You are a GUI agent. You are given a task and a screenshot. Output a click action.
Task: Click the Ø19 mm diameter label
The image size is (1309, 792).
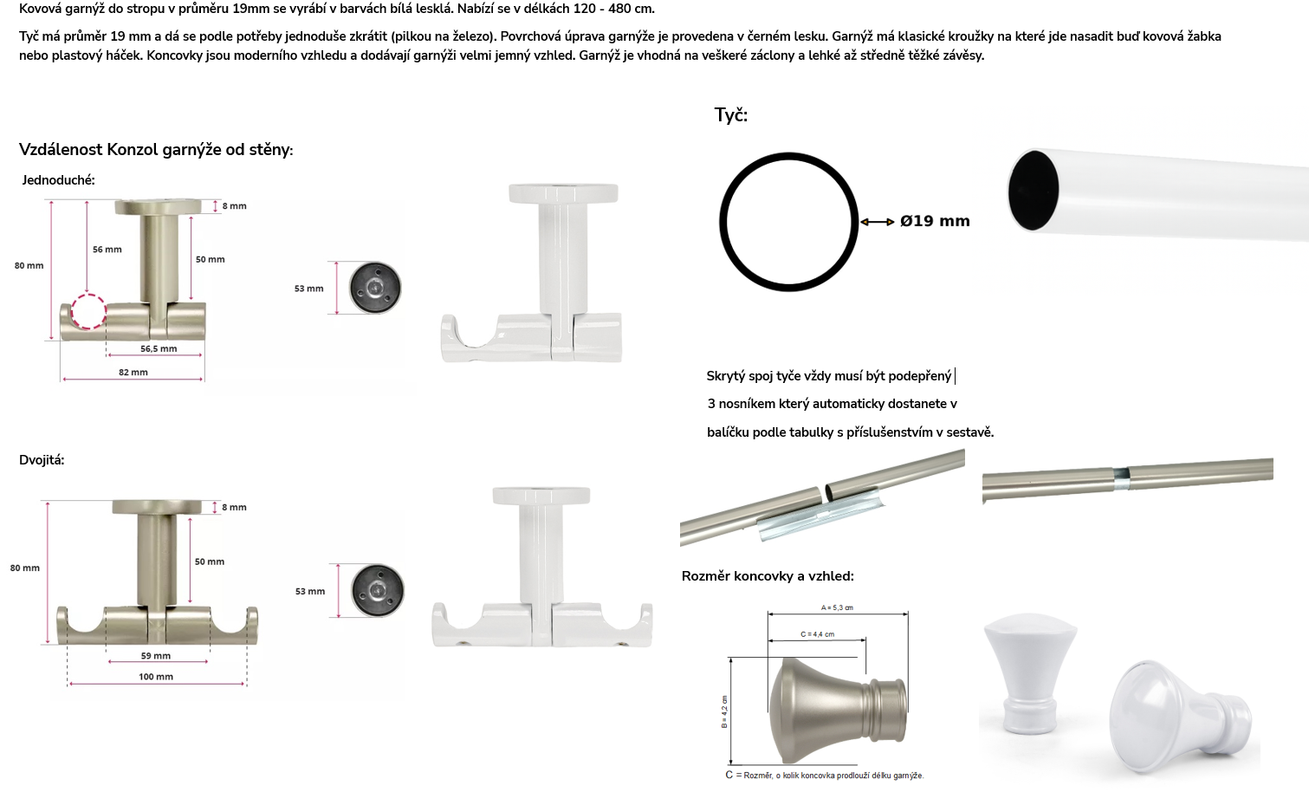coord(935,221)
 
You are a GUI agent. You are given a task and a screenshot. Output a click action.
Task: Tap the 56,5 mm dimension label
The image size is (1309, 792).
coord(159,349)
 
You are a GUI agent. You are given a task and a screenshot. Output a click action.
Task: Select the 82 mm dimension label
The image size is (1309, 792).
coord(133,373)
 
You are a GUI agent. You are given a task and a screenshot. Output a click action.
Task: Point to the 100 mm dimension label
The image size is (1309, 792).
coord(155,677)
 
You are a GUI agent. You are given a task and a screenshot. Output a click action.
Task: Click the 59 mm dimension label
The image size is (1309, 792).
coord(155,656)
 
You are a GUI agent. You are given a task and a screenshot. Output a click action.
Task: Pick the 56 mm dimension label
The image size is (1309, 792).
coord(107,250)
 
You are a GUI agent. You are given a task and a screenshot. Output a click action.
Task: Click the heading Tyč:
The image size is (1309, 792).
coord(730,115)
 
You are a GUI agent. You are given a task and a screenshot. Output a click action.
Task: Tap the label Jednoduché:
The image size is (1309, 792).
coord(58,180)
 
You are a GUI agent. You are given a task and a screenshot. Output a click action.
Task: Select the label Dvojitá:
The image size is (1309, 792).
coord(42,460)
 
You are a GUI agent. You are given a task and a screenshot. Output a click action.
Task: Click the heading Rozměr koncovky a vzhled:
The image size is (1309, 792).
coord(768,576)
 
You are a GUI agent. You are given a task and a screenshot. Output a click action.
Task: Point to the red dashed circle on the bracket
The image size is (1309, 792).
coord(89,312)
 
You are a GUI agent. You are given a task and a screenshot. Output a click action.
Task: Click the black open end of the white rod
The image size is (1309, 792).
coord(1034,191)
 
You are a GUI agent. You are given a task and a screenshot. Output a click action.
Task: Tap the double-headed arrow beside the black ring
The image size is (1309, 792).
coord(878,222)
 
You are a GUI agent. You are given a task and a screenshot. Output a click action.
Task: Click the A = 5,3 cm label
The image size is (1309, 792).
coord(837,608)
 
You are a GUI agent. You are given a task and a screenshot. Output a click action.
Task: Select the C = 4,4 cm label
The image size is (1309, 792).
coord(817,634)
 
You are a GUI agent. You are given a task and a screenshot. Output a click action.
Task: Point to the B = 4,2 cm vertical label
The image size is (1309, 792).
coord(724,712)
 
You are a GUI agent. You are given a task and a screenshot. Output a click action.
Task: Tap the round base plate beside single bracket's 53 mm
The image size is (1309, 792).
coord(375,288)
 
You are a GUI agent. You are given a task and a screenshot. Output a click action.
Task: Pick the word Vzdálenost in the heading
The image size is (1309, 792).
coord(62,150)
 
